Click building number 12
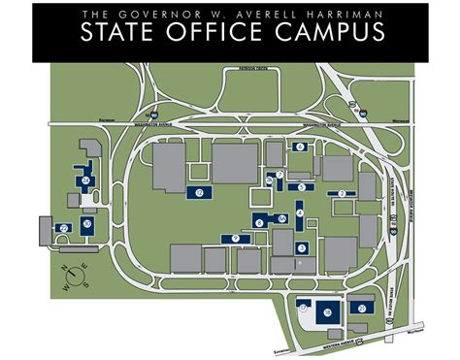point(199,193)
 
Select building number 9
point(236,238)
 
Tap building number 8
point(260,221)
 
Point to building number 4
point(300,213)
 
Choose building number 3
point(302,187)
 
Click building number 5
point(301,147)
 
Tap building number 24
point(86,180)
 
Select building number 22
point(64,228)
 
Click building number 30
point(87,225)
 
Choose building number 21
point(362,308)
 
